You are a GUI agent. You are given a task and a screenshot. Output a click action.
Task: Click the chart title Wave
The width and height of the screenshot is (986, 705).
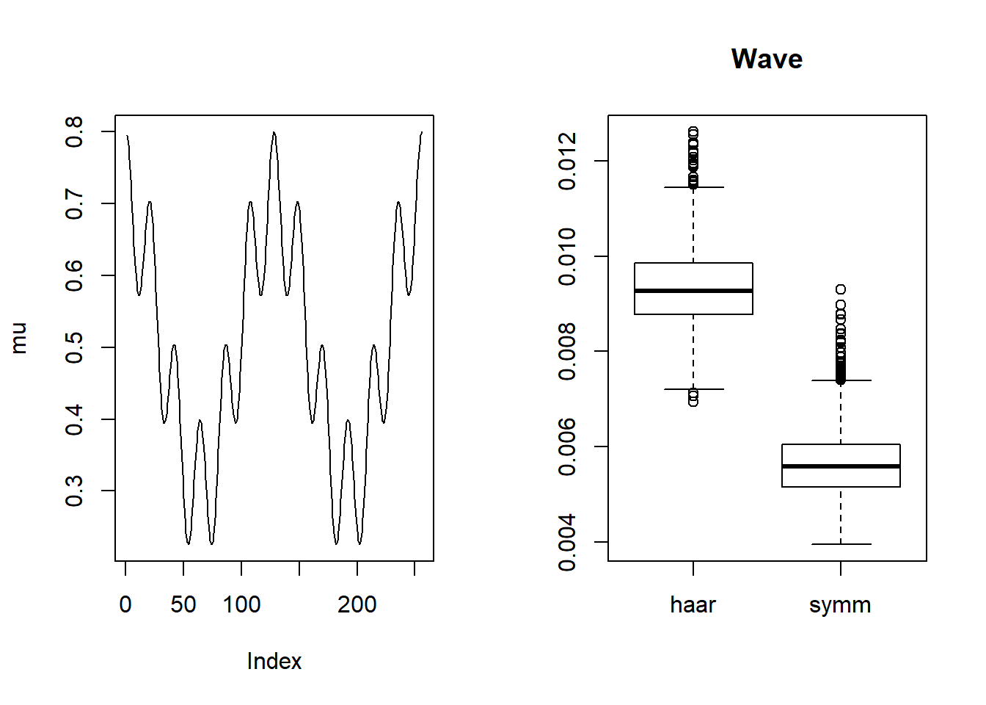[767, 59]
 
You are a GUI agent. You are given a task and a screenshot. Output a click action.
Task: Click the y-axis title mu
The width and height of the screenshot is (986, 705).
[19, 338]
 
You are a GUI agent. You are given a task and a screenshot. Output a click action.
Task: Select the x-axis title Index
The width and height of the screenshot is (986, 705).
[274, 661]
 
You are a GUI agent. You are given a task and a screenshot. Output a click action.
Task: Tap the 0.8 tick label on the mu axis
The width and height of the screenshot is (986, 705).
[74, 132]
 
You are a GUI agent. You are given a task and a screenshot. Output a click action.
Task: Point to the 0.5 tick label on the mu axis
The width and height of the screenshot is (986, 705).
[74, 347]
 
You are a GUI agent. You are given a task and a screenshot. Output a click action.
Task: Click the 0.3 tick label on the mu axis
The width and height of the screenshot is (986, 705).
[74, 491]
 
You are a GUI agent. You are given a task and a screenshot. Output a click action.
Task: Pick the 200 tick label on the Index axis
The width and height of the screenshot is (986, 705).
[357, 604]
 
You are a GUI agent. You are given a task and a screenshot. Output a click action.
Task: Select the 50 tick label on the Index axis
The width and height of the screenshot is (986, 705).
[183, 604]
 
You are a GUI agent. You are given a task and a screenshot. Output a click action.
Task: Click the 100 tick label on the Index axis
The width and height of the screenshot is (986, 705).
[241, 604]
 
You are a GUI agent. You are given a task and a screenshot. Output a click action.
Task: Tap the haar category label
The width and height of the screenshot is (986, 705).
[693, 604]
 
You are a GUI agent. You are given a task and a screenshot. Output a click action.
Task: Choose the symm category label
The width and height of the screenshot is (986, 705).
[840, 604]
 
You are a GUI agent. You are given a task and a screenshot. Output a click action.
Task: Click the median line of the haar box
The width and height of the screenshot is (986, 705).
[693, 291]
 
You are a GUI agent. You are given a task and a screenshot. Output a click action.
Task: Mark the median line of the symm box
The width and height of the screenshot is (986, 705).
[841, 466]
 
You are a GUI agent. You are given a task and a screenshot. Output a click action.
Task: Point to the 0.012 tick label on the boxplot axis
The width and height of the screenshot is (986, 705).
[567, 161]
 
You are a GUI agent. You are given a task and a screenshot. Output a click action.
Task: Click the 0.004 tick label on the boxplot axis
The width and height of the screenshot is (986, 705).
[567, 542]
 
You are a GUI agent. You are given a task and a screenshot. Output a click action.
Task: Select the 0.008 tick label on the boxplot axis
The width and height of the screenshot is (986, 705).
[567, 352]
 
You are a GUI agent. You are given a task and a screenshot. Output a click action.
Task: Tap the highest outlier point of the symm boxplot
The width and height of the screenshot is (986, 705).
[841, 289]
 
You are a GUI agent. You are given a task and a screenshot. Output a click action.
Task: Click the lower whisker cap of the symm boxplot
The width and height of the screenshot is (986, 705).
[841, 544]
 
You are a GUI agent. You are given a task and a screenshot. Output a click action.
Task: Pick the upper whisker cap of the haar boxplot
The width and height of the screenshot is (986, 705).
[693, 187]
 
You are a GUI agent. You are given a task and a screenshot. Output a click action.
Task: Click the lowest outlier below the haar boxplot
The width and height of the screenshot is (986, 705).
[693, 402]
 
